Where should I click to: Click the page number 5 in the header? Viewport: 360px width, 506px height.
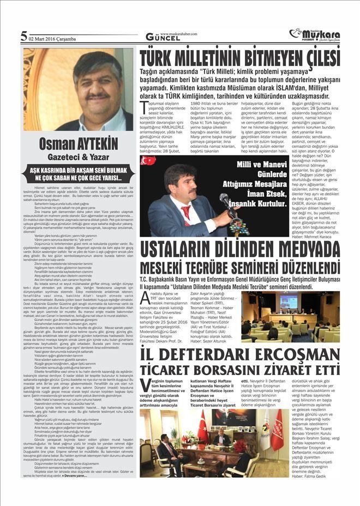[x=24, y=37]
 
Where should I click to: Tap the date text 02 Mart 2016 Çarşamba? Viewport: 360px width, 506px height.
[x=53, y=39]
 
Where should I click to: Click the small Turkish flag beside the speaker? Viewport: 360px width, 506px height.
[x=147, y=162]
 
